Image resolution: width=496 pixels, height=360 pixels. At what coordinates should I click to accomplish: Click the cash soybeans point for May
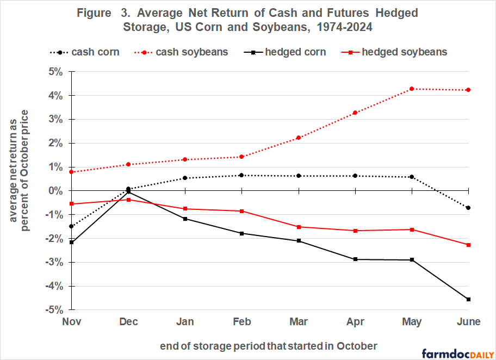click(412, 89)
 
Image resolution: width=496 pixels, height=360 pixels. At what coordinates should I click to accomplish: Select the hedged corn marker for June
click(468, 299)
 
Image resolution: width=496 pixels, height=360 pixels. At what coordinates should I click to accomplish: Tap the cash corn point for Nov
click(72, 226)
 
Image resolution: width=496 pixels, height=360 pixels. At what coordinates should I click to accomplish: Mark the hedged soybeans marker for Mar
click(299, 227)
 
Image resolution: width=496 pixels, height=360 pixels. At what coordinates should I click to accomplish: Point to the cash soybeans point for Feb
click(242, 157)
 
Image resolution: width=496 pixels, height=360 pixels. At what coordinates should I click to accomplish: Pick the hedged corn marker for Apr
click(355, 259)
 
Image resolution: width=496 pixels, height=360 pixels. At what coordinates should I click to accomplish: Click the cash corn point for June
click(468, 208)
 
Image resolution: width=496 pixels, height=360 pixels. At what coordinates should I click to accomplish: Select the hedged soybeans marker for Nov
click(72, 204)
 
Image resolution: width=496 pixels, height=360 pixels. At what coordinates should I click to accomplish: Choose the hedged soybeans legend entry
click(397, 52)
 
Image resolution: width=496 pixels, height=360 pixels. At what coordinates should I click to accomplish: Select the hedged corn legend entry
click(288, 52)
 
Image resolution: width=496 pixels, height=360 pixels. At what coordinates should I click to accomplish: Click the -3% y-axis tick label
click(54, 262)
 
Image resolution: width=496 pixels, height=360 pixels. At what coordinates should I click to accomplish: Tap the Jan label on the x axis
click(185, 322)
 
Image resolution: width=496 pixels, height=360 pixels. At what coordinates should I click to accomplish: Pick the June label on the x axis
click(468, 322)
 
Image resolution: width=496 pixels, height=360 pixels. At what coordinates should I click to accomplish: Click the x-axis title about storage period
click(268, 346)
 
